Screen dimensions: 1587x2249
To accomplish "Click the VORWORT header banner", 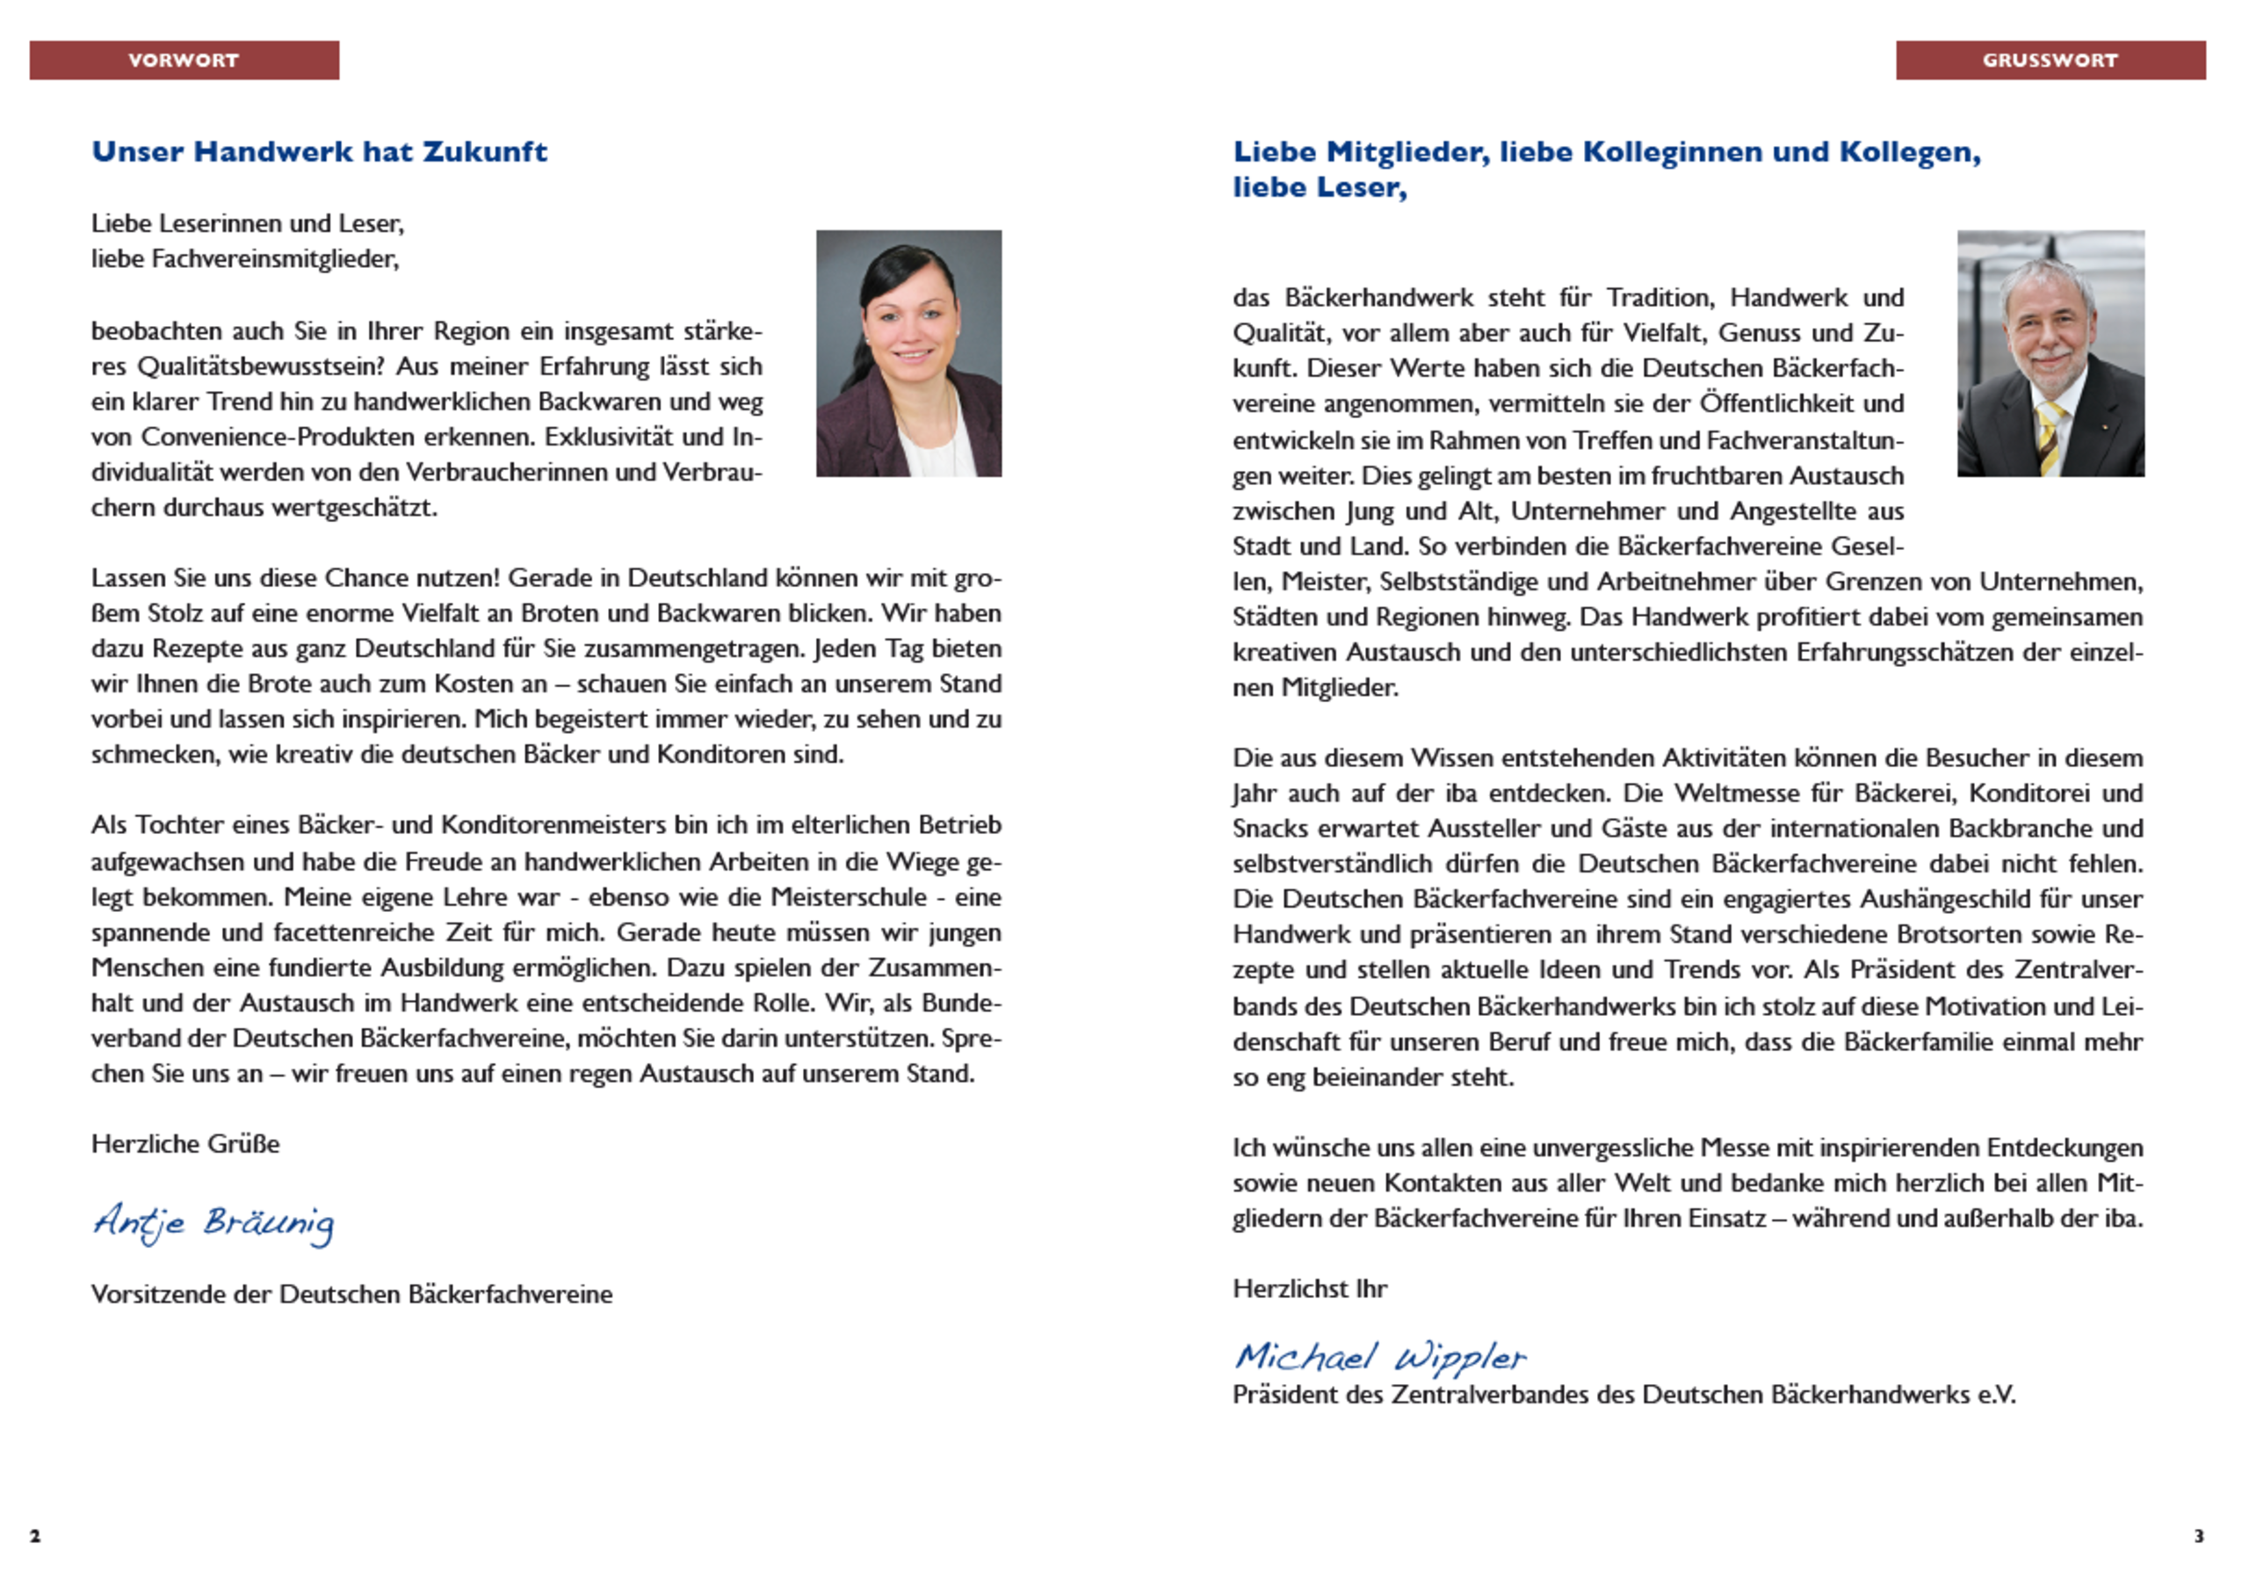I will coord(184,60).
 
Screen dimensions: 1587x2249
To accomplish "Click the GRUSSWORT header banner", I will coord(2050,60).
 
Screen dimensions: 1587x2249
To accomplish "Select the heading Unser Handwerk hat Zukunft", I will coord(319,152).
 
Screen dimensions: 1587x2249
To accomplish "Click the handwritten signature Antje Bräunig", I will coord(213,1222).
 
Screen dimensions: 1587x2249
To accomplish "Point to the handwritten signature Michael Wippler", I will coord(1379,1357).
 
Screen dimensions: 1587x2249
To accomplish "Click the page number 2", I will coord(35,1535).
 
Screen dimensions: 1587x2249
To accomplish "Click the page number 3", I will coord(2198,1535).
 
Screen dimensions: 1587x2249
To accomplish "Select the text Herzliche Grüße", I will coord(185,1144).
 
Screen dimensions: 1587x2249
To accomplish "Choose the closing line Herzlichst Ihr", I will coord(1310,1288).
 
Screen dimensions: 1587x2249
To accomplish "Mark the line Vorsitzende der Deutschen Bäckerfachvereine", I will coord(351,1294).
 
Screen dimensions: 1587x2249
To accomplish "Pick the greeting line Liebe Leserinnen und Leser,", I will coord(248,223).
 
